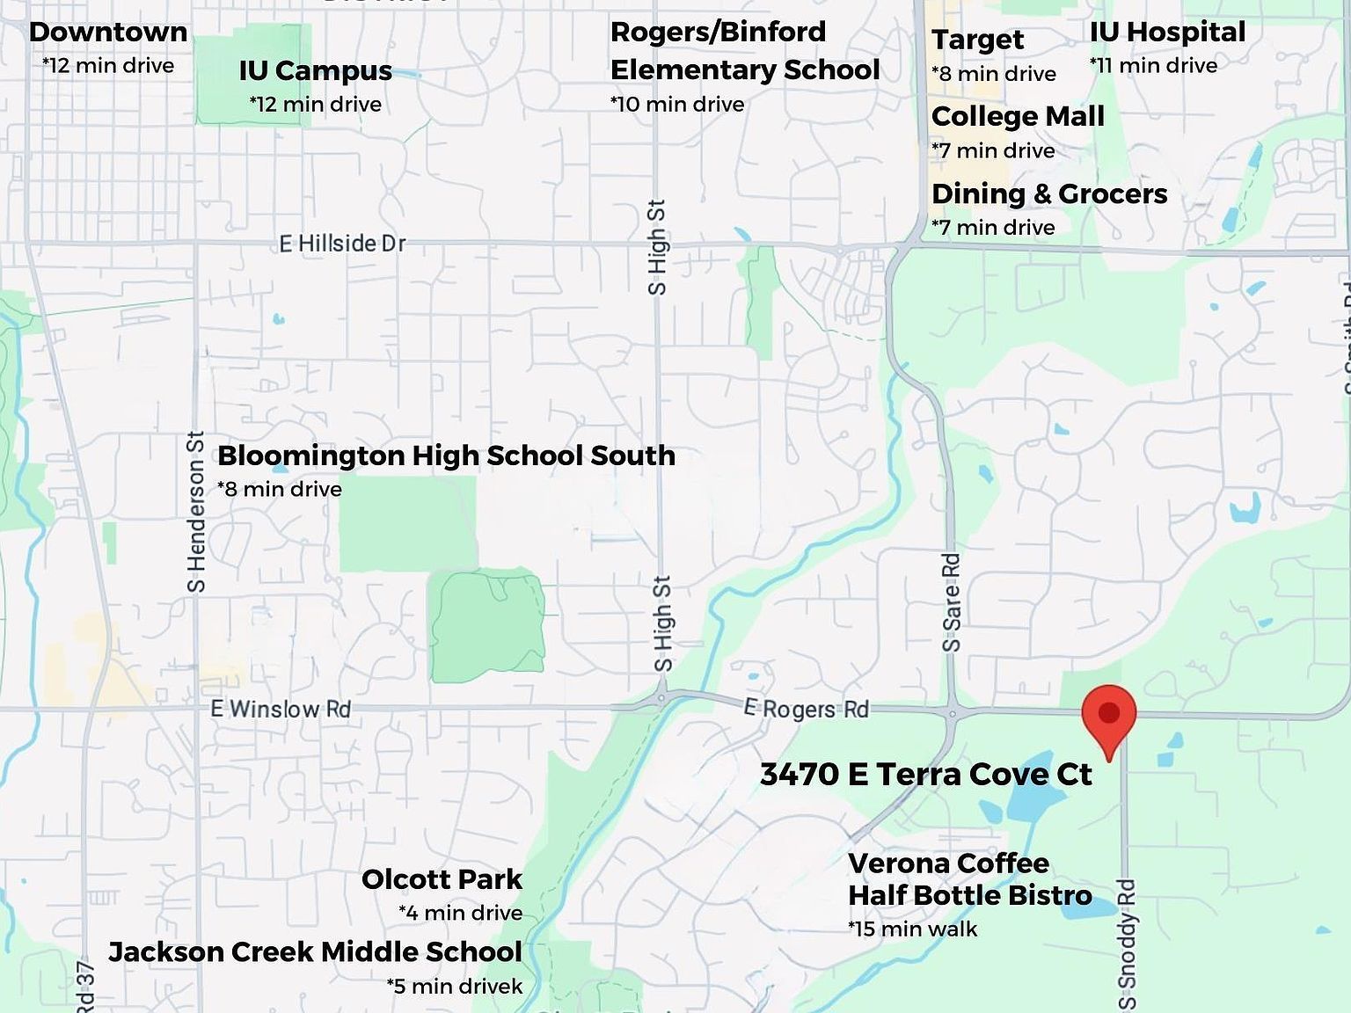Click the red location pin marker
1109,713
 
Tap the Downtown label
108,33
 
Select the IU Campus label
315,71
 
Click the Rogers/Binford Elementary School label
744,51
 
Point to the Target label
977,40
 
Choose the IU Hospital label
1167,33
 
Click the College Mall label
1018,117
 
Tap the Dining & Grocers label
1049,194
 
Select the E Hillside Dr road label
342,244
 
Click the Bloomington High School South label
446,455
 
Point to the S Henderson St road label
196,511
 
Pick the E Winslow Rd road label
281,709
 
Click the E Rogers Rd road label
806,709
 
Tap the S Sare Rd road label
952,602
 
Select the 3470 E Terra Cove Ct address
925,775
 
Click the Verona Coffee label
948,864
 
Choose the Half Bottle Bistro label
969,896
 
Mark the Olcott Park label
442,879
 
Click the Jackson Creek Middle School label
315,952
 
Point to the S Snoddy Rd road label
1127,944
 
